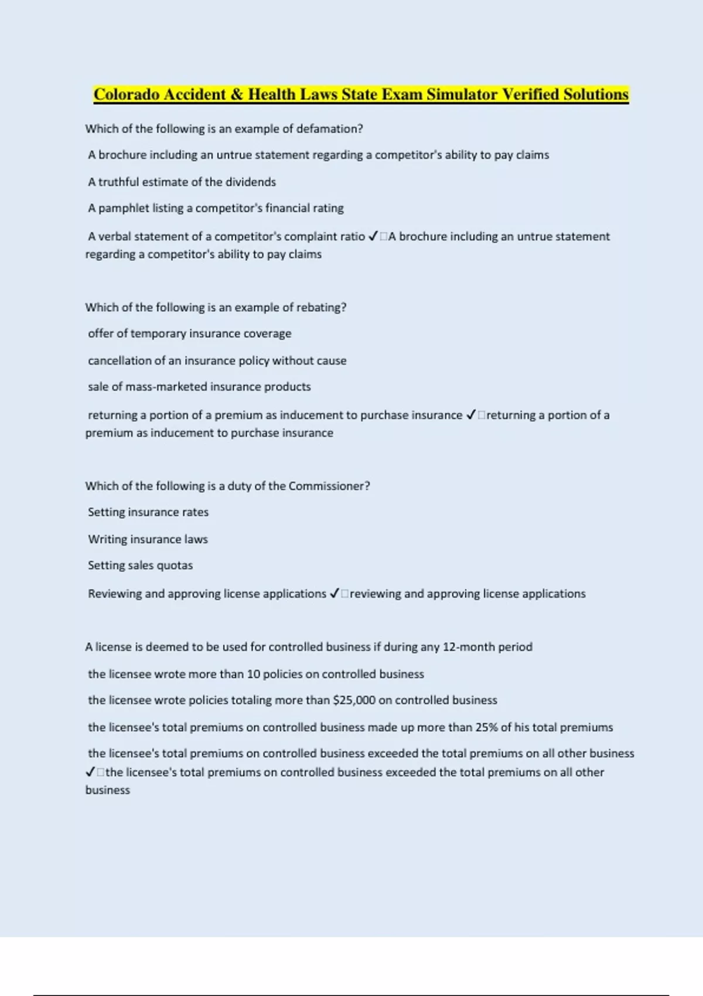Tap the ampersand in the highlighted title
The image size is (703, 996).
point(237,94)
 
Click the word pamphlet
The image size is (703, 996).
point(124,209)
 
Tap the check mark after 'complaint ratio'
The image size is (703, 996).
point(373,237)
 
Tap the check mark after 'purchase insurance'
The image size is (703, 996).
point(471,415)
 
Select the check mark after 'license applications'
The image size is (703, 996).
point(335,594)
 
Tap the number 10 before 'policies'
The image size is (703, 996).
point(253,674)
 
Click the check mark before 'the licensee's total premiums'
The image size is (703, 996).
point(90,773)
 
